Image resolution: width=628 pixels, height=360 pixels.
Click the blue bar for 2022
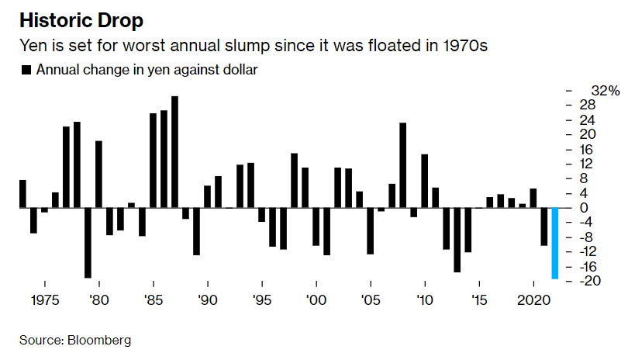click(x=555, y=243)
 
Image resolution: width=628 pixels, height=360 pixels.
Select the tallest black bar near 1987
click(x=174, y=152)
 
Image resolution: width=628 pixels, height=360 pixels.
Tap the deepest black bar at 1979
click(x=88, y=243)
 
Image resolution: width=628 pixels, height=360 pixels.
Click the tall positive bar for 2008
click(x=402, y=165)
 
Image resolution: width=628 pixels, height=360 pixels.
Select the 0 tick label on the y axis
click(x=583, y=208)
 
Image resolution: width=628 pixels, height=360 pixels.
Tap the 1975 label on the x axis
click(x=45, y=300)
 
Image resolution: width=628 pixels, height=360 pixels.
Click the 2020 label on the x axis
click(x=533, y=300)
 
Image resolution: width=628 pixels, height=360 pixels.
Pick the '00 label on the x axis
click(x=316, y=300)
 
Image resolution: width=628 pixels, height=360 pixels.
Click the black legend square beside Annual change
click(x=26, y=70)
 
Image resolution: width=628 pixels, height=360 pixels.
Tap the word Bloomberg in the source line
click(x=98, y=340)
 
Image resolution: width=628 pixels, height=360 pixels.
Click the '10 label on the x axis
click(x=424, y=300)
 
